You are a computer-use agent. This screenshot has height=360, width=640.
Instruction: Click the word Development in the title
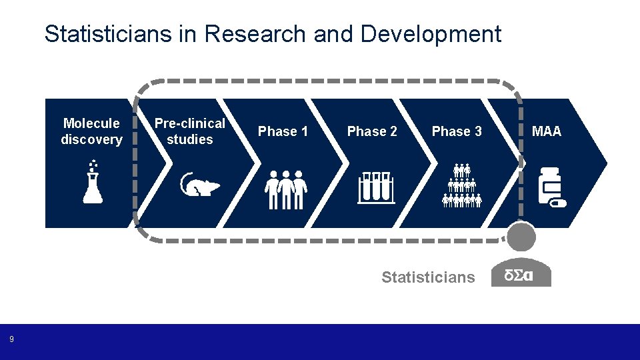(431, 33)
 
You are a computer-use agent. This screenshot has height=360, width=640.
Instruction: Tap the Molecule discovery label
(91, 131)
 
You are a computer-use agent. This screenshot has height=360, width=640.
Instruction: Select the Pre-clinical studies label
(190, 131)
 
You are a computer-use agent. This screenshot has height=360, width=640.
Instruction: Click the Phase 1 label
(283, 131)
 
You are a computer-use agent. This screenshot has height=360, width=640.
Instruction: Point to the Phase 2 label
(372, 131)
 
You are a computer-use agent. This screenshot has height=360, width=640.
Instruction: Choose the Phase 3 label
(457, 131)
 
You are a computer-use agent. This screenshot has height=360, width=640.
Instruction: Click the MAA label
(547, 131)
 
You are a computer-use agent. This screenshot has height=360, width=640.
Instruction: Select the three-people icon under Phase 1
(285, 189)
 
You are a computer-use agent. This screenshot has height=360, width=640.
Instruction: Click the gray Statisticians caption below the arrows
(428, 277)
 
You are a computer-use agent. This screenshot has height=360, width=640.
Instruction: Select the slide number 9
(11, 340)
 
